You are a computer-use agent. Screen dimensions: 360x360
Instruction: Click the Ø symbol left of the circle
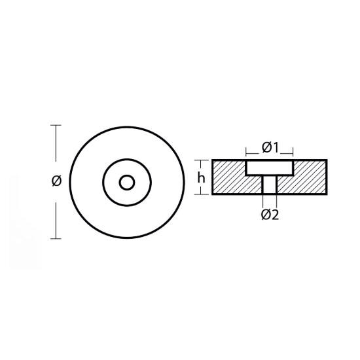click(56, 181)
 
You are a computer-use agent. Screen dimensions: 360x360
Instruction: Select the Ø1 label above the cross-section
click(270, 148)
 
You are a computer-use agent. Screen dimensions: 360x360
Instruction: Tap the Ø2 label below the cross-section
click(270, 215)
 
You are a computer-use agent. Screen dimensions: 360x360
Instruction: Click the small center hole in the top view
click(127, 181)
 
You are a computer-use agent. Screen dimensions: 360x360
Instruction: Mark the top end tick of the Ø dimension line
click(56, 124)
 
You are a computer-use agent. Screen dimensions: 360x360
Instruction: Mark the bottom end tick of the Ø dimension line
click(56, 238)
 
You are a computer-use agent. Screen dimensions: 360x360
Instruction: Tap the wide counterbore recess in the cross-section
click(270, 168)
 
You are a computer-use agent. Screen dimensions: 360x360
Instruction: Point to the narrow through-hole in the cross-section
click(270, 185)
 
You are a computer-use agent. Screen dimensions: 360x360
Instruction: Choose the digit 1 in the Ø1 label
click(276, 148)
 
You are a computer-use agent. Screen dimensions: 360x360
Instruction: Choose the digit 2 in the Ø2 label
click(276, 215)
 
